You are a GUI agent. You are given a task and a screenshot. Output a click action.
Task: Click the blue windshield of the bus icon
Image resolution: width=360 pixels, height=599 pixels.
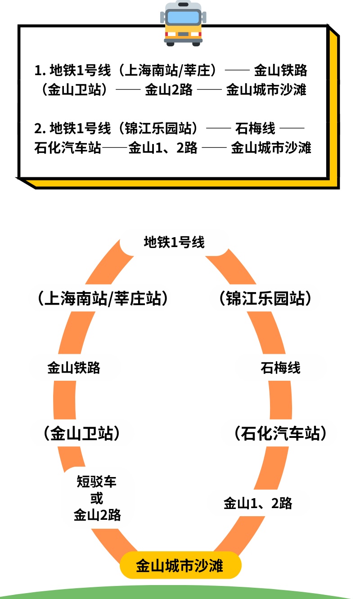pyautogui.click(x=183, y=18)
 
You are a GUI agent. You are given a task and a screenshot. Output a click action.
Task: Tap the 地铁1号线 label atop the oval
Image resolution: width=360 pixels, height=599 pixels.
pyautogui.click(x=174, y=243)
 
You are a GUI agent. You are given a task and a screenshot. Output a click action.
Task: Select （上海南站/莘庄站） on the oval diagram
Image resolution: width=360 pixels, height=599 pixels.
pyautogui.click(x=103, y=298)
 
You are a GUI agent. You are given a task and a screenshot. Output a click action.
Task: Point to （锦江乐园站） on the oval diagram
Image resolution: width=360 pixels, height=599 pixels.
pyautogui.click(x=265, y=298)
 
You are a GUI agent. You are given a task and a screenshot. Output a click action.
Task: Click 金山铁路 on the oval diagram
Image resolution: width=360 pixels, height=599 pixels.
pyautogui.click(x=74, y=368)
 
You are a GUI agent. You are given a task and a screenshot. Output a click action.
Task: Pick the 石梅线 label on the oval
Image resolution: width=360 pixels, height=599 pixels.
pyautogui.click(x=280, y=368)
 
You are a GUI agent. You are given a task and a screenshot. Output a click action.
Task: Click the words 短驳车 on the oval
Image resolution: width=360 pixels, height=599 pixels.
pyautogui.click(x=97, y=482)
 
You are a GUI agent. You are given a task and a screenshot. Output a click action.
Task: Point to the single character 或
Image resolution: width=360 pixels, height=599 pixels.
pyautogui.click(x=97, y=499)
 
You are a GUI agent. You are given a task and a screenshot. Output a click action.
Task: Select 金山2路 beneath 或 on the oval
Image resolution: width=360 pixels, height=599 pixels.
pyautogui.click(x=97, y=515)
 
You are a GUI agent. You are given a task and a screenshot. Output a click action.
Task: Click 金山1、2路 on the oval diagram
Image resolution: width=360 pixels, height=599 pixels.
pyautogui.click(x=258, y=503)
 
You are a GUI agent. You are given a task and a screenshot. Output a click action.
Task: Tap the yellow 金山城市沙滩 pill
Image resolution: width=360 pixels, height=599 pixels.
pyautogui.click(x=180, y=566)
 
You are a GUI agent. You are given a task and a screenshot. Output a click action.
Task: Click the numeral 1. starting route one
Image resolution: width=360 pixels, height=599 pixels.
pyautogui.click(x=40, y=71)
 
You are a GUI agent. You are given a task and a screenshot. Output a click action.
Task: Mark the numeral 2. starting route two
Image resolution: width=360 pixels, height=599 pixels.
pyautogui.click(x=40, y=129)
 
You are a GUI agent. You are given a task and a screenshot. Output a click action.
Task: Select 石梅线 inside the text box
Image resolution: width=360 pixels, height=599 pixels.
pyautogui.click(x=255, y=129)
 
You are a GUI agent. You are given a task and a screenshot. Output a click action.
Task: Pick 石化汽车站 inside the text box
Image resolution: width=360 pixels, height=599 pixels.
pyautogui.click(x=67, y=148)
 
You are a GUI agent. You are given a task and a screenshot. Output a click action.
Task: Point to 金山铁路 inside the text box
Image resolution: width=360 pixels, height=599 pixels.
pyautogui.click(x=281, y=71)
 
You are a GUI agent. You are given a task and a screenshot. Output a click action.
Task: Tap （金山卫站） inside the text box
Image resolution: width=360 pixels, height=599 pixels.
pyautogui.click(x=74, y=90)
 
